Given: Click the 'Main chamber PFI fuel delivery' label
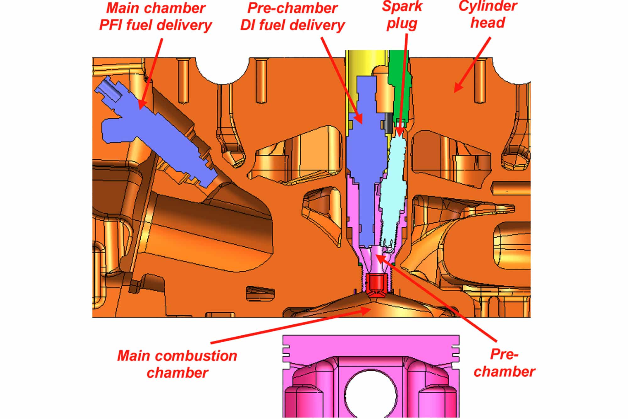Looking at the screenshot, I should [156, 17].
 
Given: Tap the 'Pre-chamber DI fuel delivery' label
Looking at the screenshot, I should [292, 17].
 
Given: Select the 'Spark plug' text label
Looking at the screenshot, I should [402, 15].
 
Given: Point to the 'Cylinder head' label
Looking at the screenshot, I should [488, 14].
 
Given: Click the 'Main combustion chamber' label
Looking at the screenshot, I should [177, 364].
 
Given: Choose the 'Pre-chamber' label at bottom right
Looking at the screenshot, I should [504, 363].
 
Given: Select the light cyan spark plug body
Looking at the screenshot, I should [394, 189].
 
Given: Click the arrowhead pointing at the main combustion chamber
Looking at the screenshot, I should [366, 311].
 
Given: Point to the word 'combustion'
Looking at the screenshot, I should [194, 356].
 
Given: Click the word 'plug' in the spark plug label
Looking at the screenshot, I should [402, 24].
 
